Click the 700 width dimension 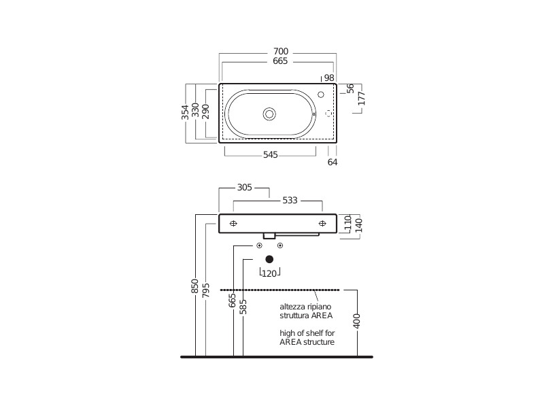click(281, 52)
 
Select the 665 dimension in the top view click(280, 61)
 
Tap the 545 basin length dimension click(270, 155)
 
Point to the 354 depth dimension click(185, 112)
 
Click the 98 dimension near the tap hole click(329, 78)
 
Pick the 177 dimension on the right click(362, 99)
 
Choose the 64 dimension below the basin click(333, 162)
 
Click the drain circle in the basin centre click(269, 114)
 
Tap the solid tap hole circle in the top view click(321, 95)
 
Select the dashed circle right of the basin click(328, 114)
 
